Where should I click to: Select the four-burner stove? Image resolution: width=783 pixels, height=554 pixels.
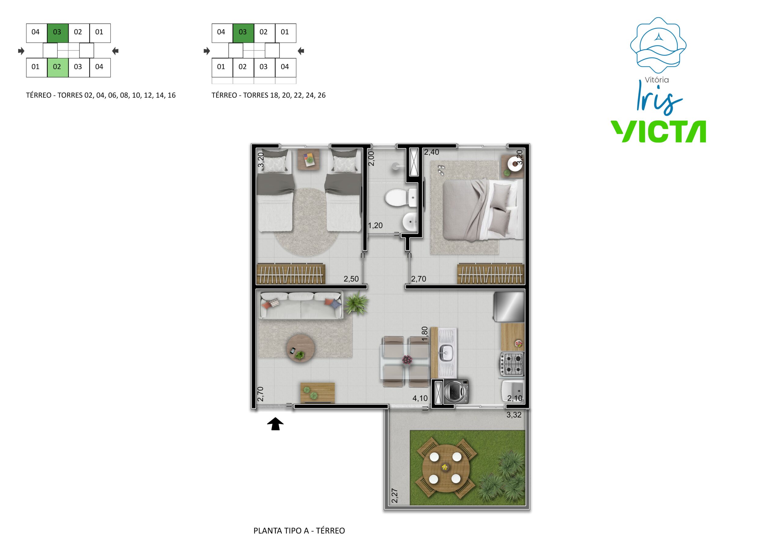pyautogui.click(x=511, y=364)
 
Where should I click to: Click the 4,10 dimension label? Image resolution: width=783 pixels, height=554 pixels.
pyautogui.click(x=420, y=398)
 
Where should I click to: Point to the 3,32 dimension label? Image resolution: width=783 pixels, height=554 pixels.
pyautogui.click(x=514, y=415)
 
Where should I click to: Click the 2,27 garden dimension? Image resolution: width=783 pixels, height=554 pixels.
pyautogui.click(x=395, y=496)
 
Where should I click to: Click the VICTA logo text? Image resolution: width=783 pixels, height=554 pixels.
pyautogui.click(x=658, y=131)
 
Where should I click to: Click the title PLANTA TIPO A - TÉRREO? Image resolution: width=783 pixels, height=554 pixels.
pyautogui.click(x=299, y=531)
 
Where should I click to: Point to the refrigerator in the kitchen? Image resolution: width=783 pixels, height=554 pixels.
pyautogui.click(x=510, y=307)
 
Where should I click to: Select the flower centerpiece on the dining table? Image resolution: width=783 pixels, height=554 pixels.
pyautogui.click(x=407, y=359)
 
